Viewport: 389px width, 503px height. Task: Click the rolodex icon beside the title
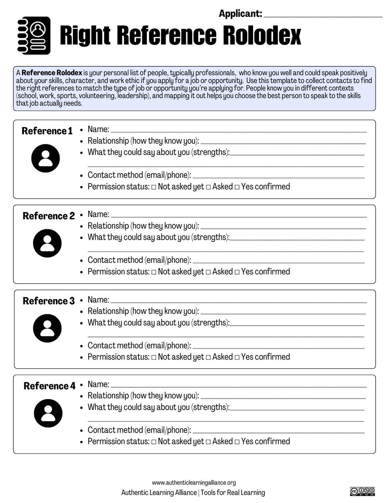[35, 35]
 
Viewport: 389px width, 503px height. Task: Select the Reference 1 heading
[47, 131]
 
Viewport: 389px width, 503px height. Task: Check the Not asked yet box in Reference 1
[154, 187]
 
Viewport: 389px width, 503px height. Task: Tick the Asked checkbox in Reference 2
[208, 272]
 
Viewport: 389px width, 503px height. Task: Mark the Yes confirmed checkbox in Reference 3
[237, 357]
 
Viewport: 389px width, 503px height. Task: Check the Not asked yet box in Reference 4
[154, 442]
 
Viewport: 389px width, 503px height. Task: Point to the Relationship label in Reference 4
[143, 396]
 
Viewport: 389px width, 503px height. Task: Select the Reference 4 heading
[50, 386]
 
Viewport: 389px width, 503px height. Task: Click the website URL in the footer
[194, 483]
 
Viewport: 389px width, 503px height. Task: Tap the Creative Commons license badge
[362, 491]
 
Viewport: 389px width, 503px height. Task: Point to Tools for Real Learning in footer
[232, 493]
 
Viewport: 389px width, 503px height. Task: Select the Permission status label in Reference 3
[118, 357]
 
